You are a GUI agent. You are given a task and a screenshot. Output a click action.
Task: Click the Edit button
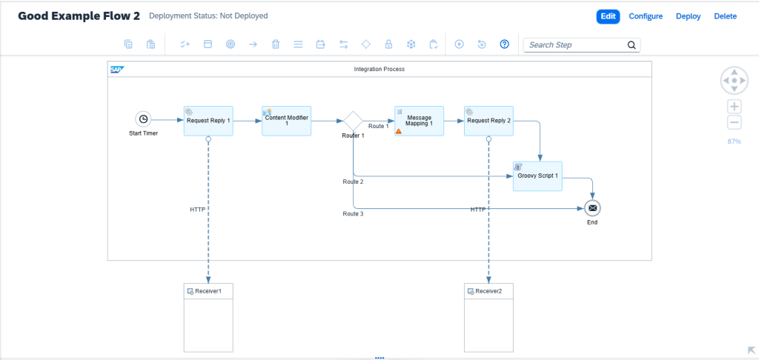point(608,16)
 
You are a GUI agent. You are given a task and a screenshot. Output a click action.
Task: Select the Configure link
point(646,16)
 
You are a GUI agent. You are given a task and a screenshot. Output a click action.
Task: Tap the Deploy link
point(689,16)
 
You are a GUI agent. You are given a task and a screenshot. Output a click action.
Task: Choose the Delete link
point(726,16)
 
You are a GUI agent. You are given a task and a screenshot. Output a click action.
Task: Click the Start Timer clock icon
point(143,119)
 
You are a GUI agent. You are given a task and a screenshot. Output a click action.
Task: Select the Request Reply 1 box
point(208,121)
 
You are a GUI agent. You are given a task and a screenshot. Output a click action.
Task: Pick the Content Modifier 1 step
point(287,121)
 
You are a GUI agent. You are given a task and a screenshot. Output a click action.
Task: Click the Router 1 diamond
point(353,121)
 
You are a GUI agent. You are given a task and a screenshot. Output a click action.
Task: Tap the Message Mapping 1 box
point(419,121)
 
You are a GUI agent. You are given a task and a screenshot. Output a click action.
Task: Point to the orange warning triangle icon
point(399,130)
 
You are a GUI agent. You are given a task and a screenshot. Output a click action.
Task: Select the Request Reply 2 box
point(488,121)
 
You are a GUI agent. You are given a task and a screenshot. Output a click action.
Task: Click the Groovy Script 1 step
point(538,176)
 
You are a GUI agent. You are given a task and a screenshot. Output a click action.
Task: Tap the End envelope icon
point(592,209)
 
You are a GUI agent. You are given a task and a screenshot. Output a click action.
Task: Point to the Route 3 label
point(354,213)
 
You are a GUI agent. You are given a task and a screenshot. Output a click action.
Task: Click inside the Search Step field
point(576,45)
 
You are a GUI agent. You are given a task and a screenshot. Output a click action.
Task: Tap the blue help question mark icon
point(504,44)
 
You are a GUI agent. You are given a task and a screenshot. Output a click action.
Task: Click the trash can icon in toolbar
point(276,44)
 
